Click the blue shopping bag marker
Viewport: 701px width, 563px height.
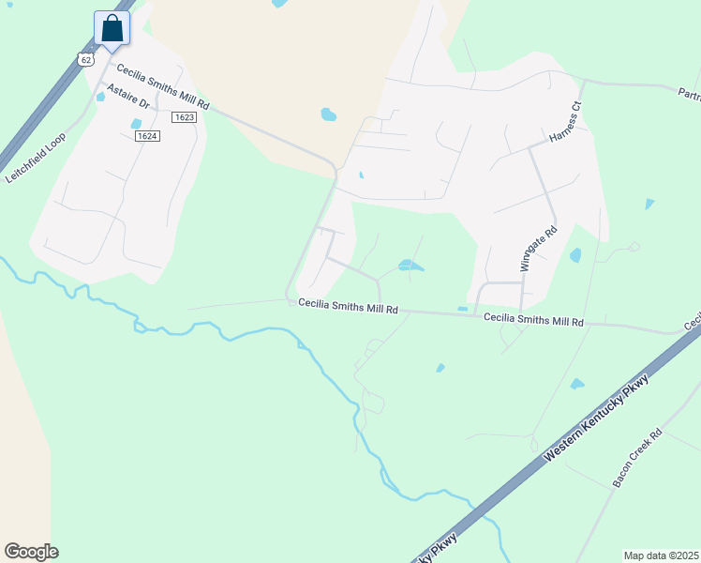(112, 29)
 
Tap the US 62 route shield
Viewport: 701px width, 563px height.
(87, 59)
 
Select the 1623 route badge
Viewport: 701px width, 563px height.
(184, 117)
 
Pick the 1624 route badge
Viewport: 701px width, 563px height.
(147, 136)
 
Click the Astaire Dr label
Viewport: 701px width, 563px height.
(128, 98)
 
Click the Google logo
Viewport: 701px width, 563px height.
(31, 552)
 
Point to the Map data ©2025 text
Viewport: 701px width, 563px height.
(661, 555)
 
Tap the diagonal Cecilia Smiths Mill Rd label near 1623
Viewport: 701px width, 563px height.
(162, 85)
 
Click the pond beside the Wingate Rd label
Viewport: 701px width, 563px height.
(575, 254)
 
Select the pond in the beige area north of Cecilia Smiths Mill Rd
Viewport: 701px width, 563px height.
(328, 114)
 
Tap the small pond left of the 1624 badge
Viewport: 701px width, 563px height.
(136, 123)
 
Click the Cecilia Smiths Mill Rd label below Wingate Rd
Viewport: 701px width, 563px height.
(533, 320)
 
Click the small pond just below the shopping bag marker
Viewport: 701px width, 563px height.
(101, 96)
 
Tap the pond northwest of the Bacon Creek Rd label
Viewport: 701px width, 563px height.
(576, 384)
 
